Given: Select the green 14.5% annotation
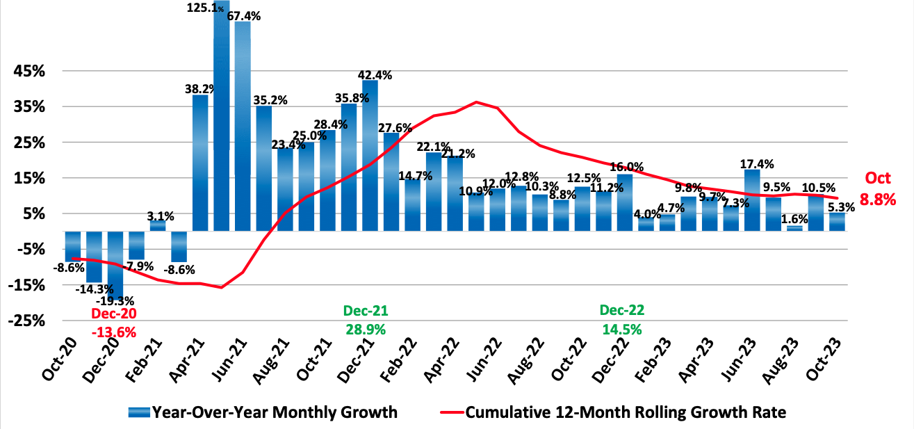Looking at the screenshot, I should point(622,327).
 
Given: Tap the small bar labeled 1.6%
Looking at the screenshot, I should point(794,228).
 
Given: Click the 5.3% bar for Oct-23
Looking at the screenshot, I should point(838,222).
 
